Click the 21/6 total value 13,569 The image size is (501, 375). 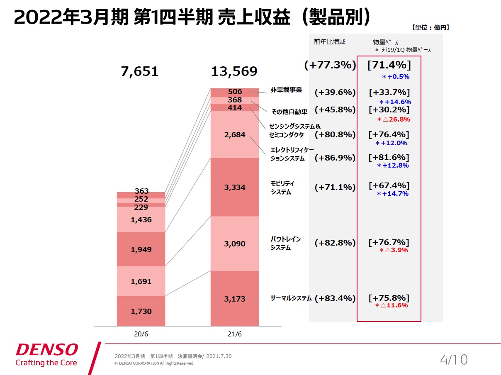234,71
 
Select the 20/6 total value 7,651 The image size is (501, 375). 140,71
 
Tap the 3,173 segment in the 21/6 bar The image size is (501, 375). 235,299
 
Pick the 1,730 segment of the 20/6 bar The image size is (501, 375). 141,311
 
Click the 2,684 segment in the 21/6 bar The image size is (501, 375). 235,135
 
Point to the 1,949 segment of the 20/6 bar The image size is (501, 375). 141,250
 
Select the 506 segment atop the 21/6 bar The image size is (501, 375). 235,92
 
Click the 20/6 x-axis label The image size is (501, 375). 141,334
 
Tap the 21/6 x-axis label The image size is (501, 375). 235,334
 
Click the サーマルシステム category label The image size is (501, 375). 291,298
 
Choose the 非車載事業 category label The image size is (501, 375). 287,90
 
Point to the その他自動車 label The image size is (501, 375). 289,111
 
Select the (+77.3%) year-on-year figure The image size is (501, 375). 330,65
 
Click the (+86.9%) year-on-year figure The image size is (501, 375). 335,158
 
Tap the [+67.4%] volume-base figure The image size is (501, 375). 389,185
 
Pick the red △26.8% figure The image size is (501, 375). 394,119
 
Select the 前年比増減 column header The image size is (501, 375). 329,41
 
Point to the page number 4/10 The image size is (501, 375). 454,359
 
